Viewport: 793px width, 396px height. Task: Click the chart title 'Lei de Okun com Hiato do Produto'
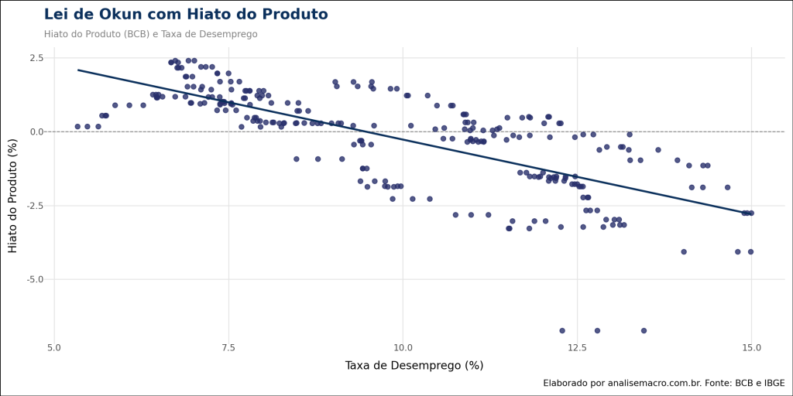(x=186, y=15)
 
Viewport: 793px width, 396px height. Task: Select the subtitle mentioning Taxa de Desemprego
(x=150, y=34)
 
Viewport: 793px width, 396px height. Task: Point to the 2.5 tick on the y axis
(x=36, y=58)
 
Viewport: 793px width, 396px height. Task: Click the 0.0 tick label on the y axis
(x=36, y=131)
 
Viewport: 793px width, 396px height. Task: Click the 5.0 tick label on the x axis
(x=54, y=346)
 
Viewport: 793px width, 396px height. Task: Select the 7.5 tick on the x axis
(x=228, y=346)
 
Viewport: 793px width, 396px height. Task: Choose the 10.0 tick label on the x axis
(x=403, y=346)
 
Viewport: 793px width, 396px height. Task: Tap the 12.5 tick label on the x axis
(x=577, y=346)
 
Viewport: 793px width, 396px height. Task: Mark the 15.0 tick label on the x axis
(x=751, y=346)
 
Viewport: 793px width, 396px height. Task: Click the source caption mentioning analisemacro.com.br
(x=663, y=383)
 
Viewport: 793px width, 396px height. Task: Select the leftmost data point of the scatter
(x=77, y=126)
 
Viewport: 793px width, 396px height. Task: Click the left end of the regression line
(x=77, y=70)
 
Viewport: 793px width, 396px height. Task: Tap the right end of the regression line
(x=751, y=213)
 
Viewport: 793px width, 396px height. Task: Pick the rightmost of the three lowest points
(x=644, y=330)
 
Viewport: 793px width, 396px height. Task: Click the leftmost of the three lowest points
(x=562, y=330)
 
